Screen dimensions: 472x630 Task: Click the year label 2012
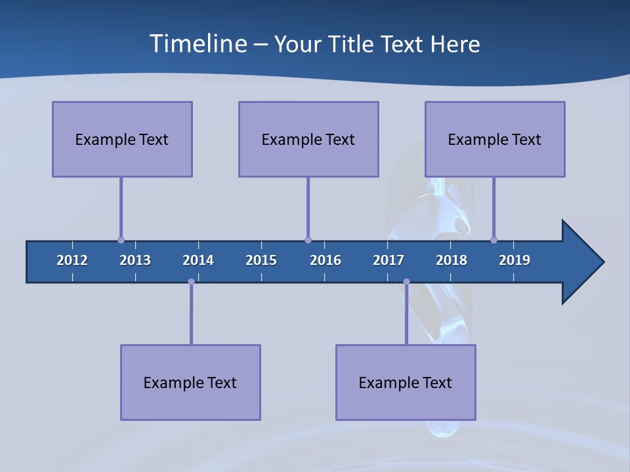pos(72,260)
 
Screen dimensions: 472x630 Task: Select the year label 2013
pos(135,260)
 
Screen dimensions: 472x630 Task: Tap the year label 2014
pos(198,260)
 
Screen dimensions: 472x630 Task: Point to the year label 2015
pos(261,260)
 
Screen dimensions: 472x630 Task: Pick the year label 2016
pos(325,260)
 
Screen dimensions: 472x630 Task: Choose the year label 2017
pos(388,260)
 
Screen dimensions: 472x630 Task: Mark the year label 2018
pos(451,260)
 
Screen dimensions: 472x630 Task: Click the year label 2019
pos(514,260)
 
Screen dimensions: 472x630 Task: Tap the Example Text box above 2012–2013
pos(122,139)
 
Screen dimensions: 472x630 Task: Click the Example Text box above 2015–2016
pos(308,139)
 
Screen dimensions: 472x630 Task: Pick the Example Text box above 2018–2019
pos(495,139)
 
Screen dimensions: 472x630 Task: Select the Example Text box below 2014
pos(190,382)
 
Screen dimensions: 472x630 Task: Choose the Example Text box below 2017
pos(406,382)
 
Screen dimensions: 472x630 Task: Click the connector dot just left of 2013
pos(121,240)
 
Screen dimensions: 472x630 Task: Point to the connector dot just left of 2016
pos(308,240)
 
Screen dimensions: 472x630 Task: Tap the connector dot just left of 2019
pos(493,240)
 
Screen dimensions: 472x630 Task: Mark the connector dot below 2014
pos(191,281)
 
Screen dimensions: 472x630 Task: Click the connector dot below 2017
pos(406,281)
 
